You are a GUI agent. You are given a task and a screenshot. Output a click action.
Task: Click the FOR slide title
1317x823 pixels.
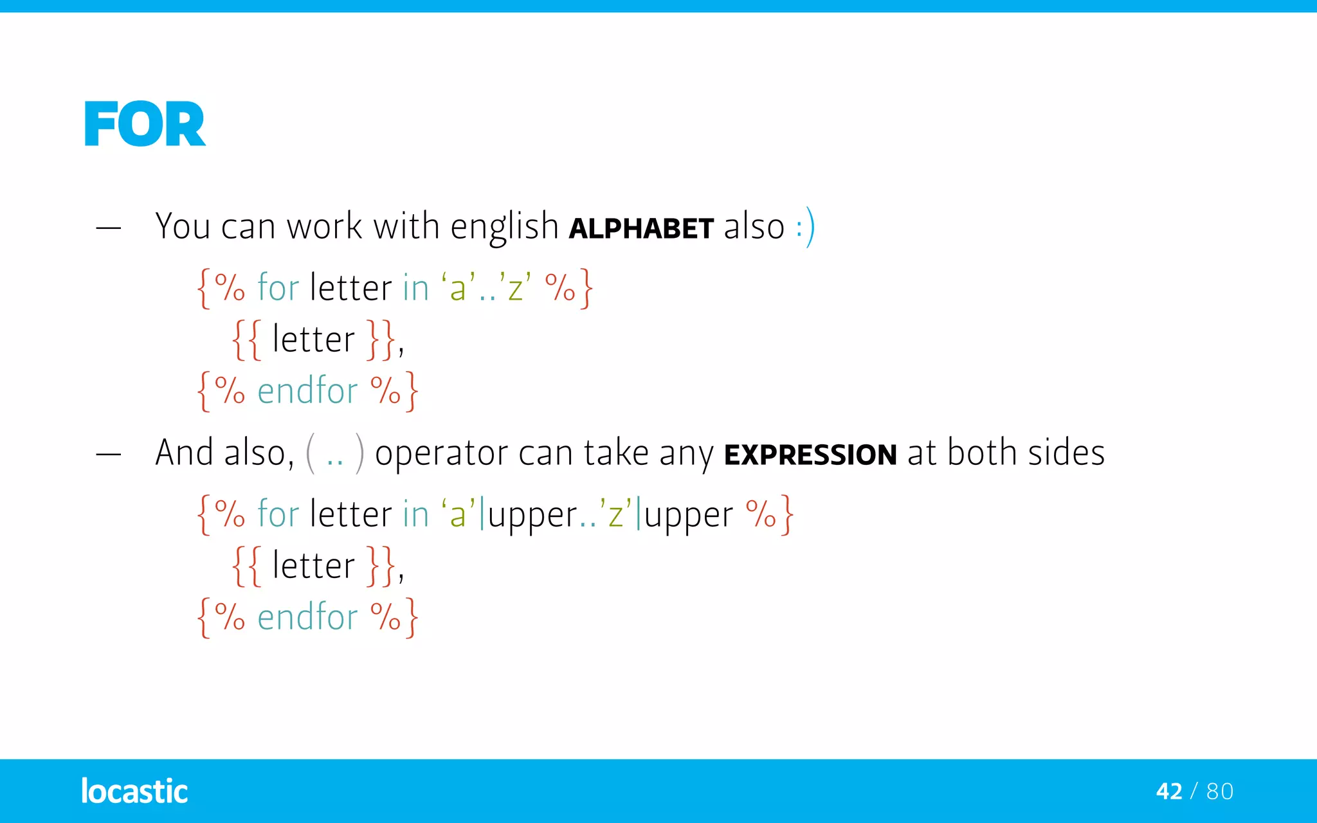coord(145,123)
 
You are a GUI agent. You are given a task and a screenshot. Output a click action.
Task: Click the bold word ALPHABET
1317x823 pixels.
coord(641,228)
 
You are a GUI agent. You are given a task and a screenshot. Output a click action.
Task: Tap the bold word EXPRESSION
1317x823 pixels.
coord(810,455)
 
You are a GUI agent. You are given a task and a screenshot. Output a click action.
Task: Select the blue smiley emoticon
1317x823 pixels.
coord(806,226)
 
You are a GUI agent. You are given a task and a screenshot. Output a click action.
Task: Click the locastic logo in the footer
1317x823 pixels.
coord(134,791)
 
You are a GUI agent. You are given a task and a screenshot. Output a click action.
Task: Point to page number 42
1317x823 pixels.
coord(1168,791)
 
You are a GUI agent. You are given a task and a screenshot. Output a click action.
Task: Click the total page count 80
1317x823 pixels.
coord(1220,791)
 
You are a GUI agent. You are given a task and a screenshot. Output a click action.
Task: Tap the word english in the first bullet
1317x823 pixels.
coord(504,227)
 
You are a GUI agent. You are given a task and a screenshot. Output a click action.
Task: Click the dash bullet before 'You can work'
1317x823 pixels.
coord(108,228)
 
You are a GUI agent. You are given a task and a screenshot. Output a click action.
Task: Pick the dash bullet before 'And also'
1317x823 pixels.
coord(108,454)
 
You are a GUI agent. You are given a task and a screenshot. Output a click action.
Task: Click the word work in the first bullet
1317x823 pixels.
coord(325,227)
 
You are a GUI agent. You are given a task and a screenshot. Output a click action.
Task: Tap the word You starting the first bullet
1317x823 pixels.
coord(183,227)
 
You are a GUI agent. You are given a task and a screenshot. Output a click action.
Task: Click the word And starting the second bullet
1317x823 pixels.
coord(185,453)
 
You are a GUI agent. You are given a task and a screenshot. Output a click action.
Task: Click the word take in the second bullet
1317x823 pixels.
coord(616,453)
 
